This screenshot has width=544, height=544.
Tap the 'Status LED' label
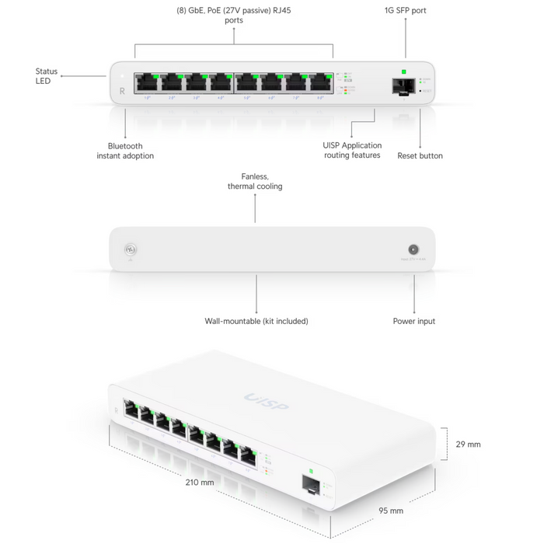pyautogui.click(x=46, y=76)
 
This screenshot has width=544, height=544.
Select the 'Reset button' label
pyautogui.click(x=420, y=155)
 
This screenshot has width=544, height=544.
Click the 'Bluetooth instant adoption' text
pyautogui.click(x=125, y=151)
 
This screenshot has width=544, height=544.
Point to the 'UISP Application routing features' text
pyautogui.click(x=352, y=151)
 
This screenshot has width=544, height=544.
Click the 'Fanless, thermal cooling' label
pyautogui.click(x=255, y=182)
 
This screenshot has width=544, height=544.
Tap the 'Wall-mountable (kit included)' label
pyautogui.click(x=256, y=321)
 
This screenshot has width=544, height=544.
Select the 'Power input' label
pyautogui.click(x=414, y=321)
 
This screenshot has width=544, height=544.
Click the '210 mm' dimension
pyautogui.click(x=201, y=483)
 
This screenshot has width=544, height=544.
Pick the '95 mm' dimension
pyautogui.click(x=391, y=511)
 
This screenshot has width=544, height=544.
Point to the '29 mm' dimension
pyautogui.click(x=468, y=445)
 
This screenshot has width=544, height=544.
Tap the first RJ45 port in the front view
pyautogui.click(x=146, y=83)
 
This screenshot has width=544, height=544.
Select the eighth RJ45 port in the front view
pyautogui.click(x=320, y=83)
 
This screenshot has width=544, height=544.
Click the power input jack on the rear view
pyautogui.click(x=413, y=250)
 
